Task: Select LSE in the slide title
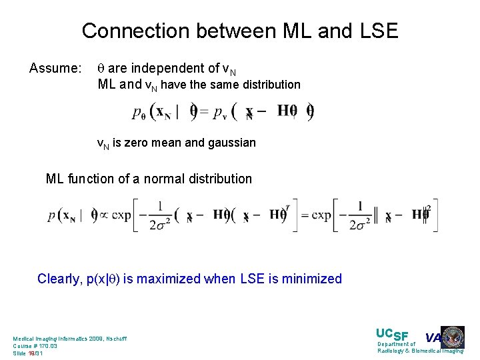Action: (x=376, y=31)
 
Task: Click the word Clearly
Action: (x=59, y=279)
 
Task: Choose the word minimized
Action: (x=312, y=279)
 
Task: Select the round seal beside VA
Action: (x=453, y=337)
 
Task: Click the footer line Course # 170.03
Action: (x=35, y=346)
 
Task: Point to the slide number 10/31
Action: (x=35, y=353)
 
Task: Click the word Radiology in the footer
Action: (x=393, y=351)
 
